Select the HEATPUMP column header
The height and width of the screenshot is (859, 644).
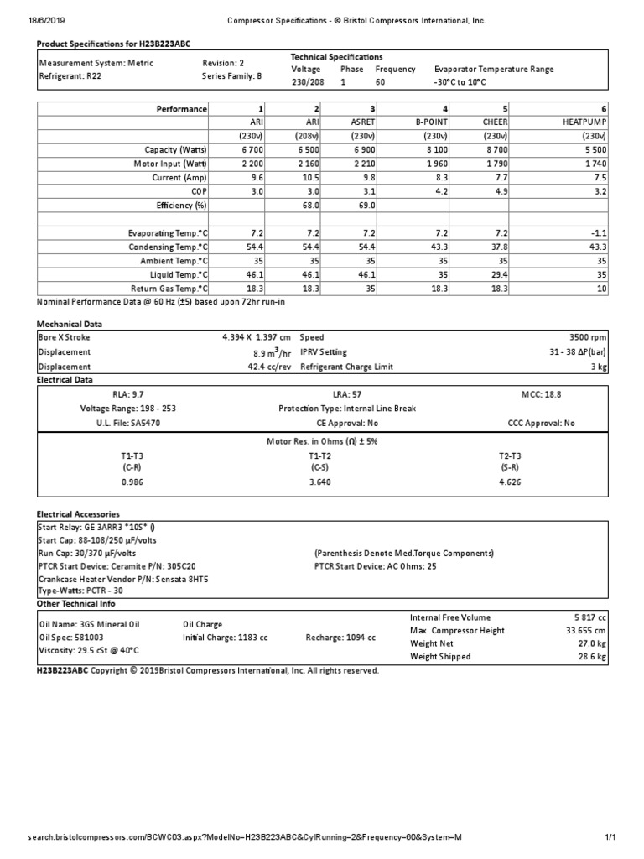[x=583, y=122]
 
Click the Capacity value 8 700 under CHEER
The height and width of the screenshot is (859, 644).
[x=491, y=150]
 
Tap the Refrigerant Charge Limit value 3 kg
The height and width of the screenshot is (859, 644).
[x=598, y=367]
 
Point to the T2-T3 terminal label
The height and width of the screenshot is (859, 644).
[x=510, y=454]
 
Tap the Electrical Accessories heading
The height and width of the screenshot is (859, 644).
[x=78, y=513]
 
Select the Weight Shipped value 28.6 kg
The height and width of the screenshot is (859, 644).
[x=590, y=657]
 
